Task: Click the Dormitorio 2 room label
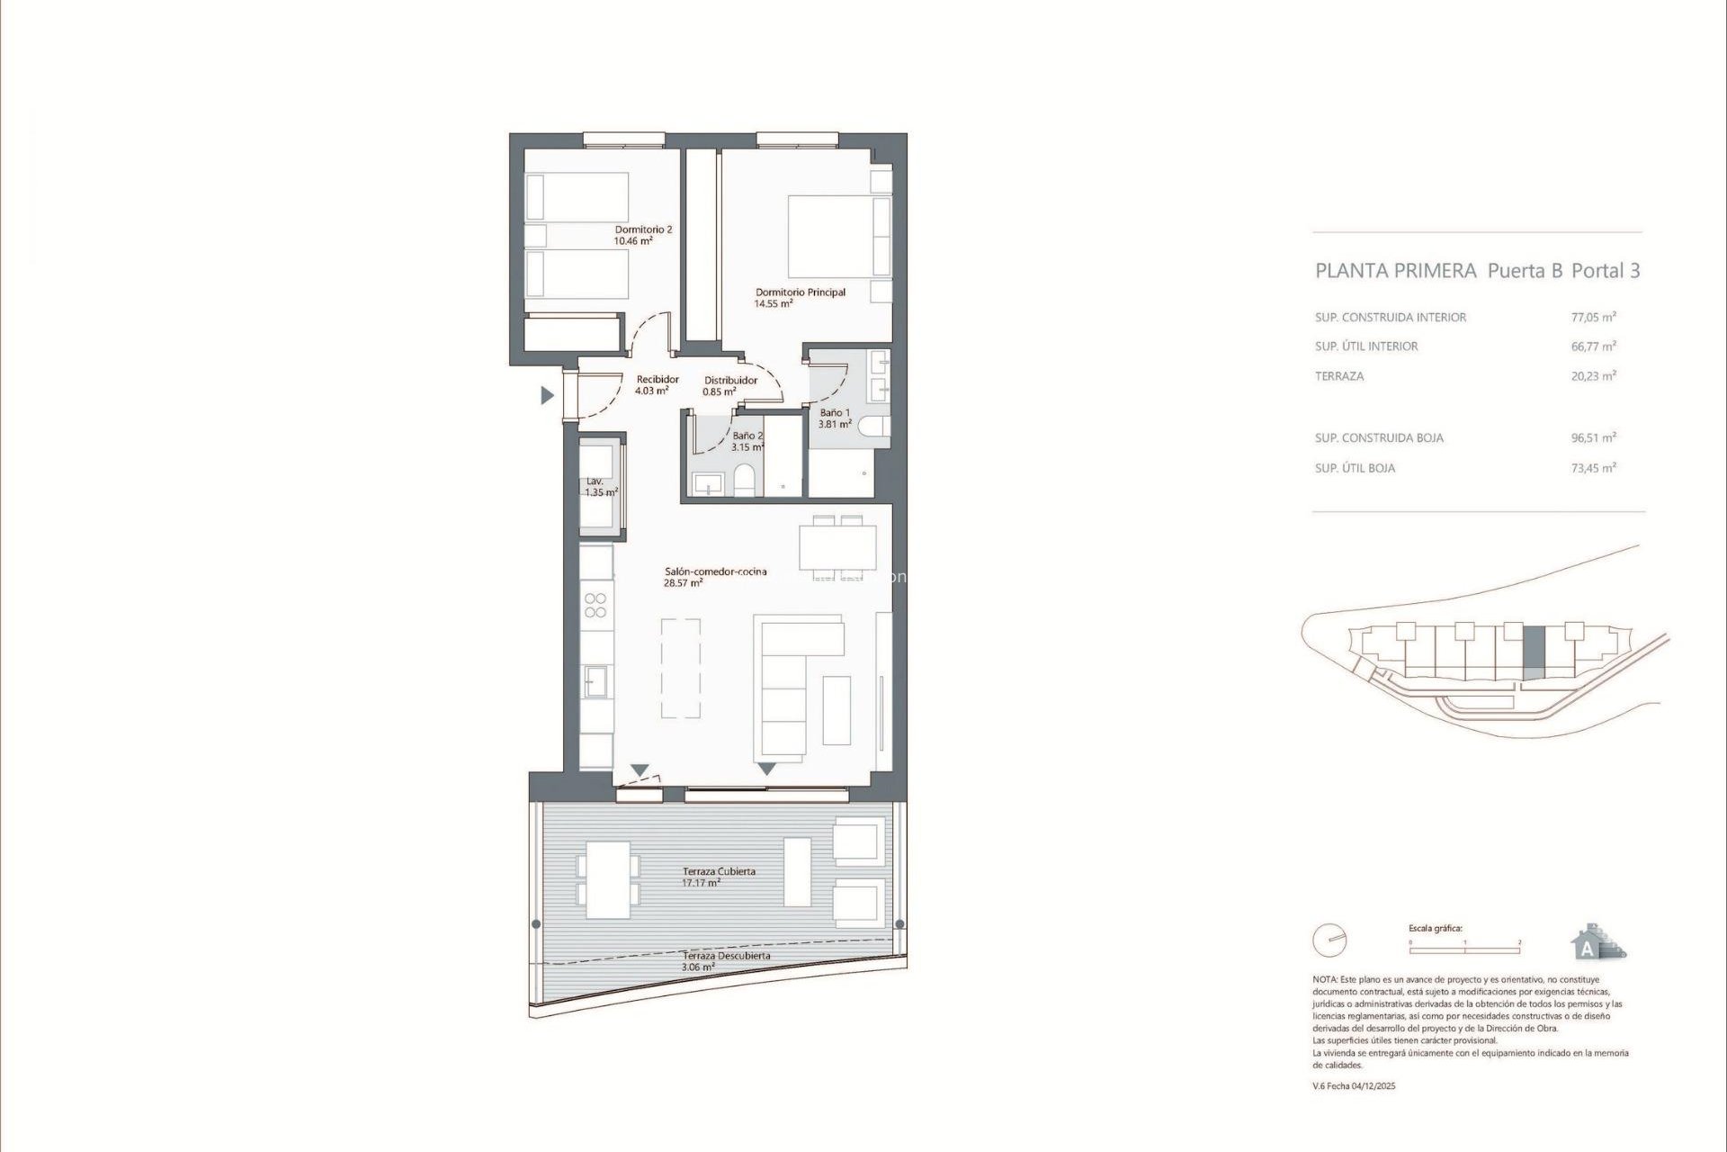(642, 235)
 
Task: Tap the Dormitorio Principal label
(800, 297)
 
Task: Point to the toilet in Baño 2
(745, 479)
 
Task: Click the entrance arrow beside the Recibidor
(546, 395)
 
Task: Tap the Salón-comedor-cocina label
(715, 576)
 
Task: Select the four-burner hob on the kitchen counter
(595, 605)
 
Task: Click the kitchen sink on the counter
(595, 681)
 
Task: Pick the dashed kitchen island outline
(681, 668)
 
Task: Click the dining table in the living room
(837, 547)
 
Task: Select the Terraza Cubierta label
(718, 876)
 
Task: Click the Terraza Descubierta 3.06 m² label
(725, 960)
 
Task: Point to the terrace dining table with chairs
(608, 878)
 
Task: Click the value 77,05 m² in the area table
(1593, 317)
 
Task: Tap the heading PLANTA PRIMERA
(1395, 271)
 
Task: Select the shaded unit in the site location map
(1534, 652)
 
